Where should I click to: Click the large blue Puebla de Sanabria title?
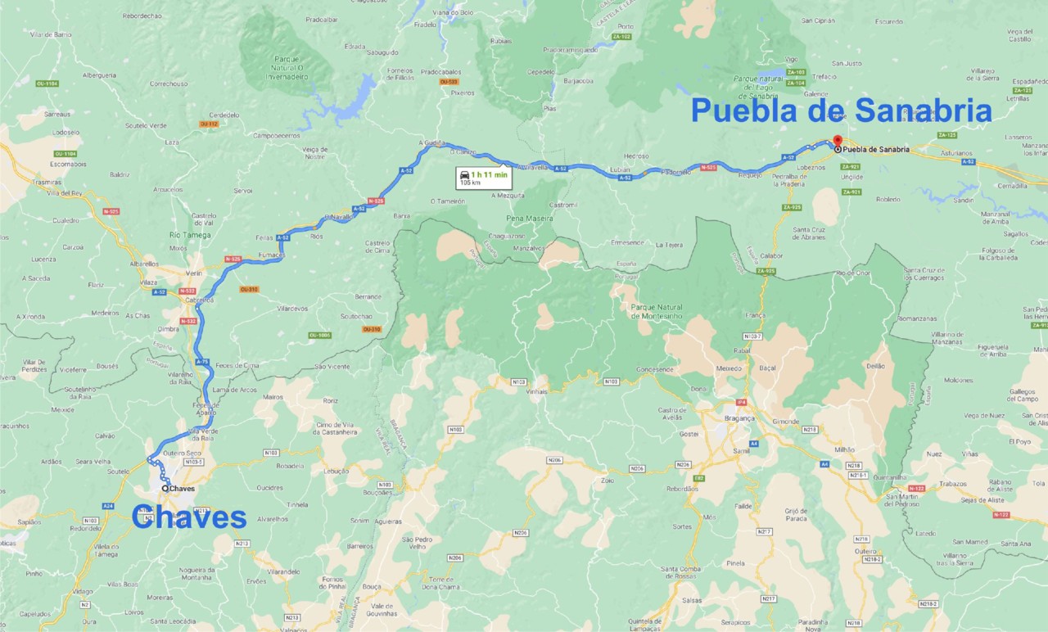[841, 111]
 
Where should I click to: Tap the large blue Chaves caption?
[188, 517]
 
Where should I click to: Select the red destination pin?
[836, 141]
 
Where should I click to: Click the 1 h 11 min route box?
[483, 178]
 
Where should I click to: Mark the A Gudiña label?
[431, 142]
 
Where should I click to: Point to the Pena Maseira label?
[529, 219]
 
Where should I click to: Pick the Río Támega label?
[190, 235]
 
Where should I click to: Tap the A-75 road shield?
[203, 361]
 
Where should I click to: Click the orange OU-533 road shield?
[448, 82]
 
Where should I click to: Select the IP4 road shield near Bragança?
[741, 402]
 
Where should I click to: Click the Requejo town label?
[749, 175]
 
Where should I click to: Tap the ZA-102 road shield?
[622, 37]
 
